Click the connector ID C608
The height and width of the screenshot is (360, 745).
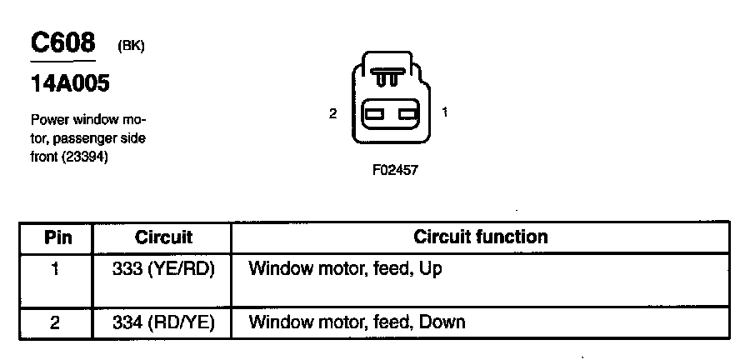pos(62,44)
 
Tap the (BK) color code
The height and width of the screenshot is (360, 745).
pos(131,47)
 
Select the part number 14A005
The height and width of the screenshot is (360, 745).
pos(71,84)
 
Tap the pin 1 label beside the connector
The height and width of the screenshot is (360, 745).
pos(445,112)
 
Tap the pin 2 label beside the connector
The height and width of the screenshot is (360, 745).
pos(332,113)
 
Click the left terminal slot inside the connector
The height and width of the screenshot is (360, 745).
pos(373,115)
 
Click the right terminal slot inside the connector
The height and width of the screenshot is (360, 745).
pos(407,115)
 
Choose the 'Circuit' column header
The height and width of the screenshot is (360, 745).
pos(163,237)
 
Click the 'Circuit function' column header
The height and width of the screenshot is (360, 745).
pos(481,237)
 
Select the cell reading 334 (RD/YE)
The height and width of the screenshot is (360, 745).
pos(163,322)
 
